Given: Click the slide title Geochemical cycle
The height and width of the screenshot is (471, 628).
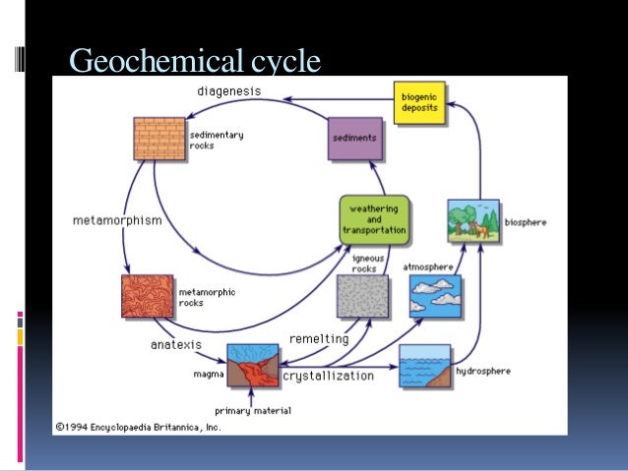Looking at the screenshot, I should [194, 61].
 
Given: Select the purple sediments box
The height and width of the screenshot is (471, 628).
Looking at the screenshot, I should [353, 139].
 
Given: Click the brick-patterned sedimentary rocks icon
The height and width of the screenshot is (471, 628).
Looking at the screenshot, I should [159, 140].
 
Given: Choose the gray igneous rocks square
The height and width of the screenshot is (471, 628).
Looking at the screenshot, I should [362, 296].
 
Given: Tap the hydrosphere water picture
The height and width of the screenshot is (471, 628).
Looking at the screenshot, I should [424, 367].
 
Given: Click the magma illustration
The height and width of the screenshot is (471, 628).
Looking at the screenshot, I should [253, 368].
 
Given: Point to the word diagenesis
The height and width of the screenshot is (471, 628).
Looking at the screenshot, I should [229, 91].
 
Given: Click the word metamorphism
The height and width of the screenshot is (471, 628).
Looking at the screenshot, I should [117, 220].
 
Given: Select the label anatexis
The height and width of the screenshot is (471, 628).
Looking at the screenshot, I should [176, 345].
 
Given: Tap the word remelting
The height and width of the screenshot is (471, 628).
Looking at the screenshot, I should [318, 339].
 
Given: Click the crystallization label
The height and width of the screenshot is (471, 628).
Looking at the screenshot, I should [328, 376].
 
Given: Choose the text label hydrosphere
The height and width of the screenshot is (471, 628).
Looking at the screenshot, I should [483, 372].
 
